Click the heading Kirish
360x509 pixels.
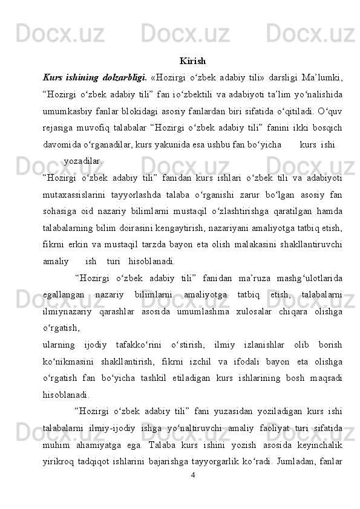[x=192, y=62]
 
